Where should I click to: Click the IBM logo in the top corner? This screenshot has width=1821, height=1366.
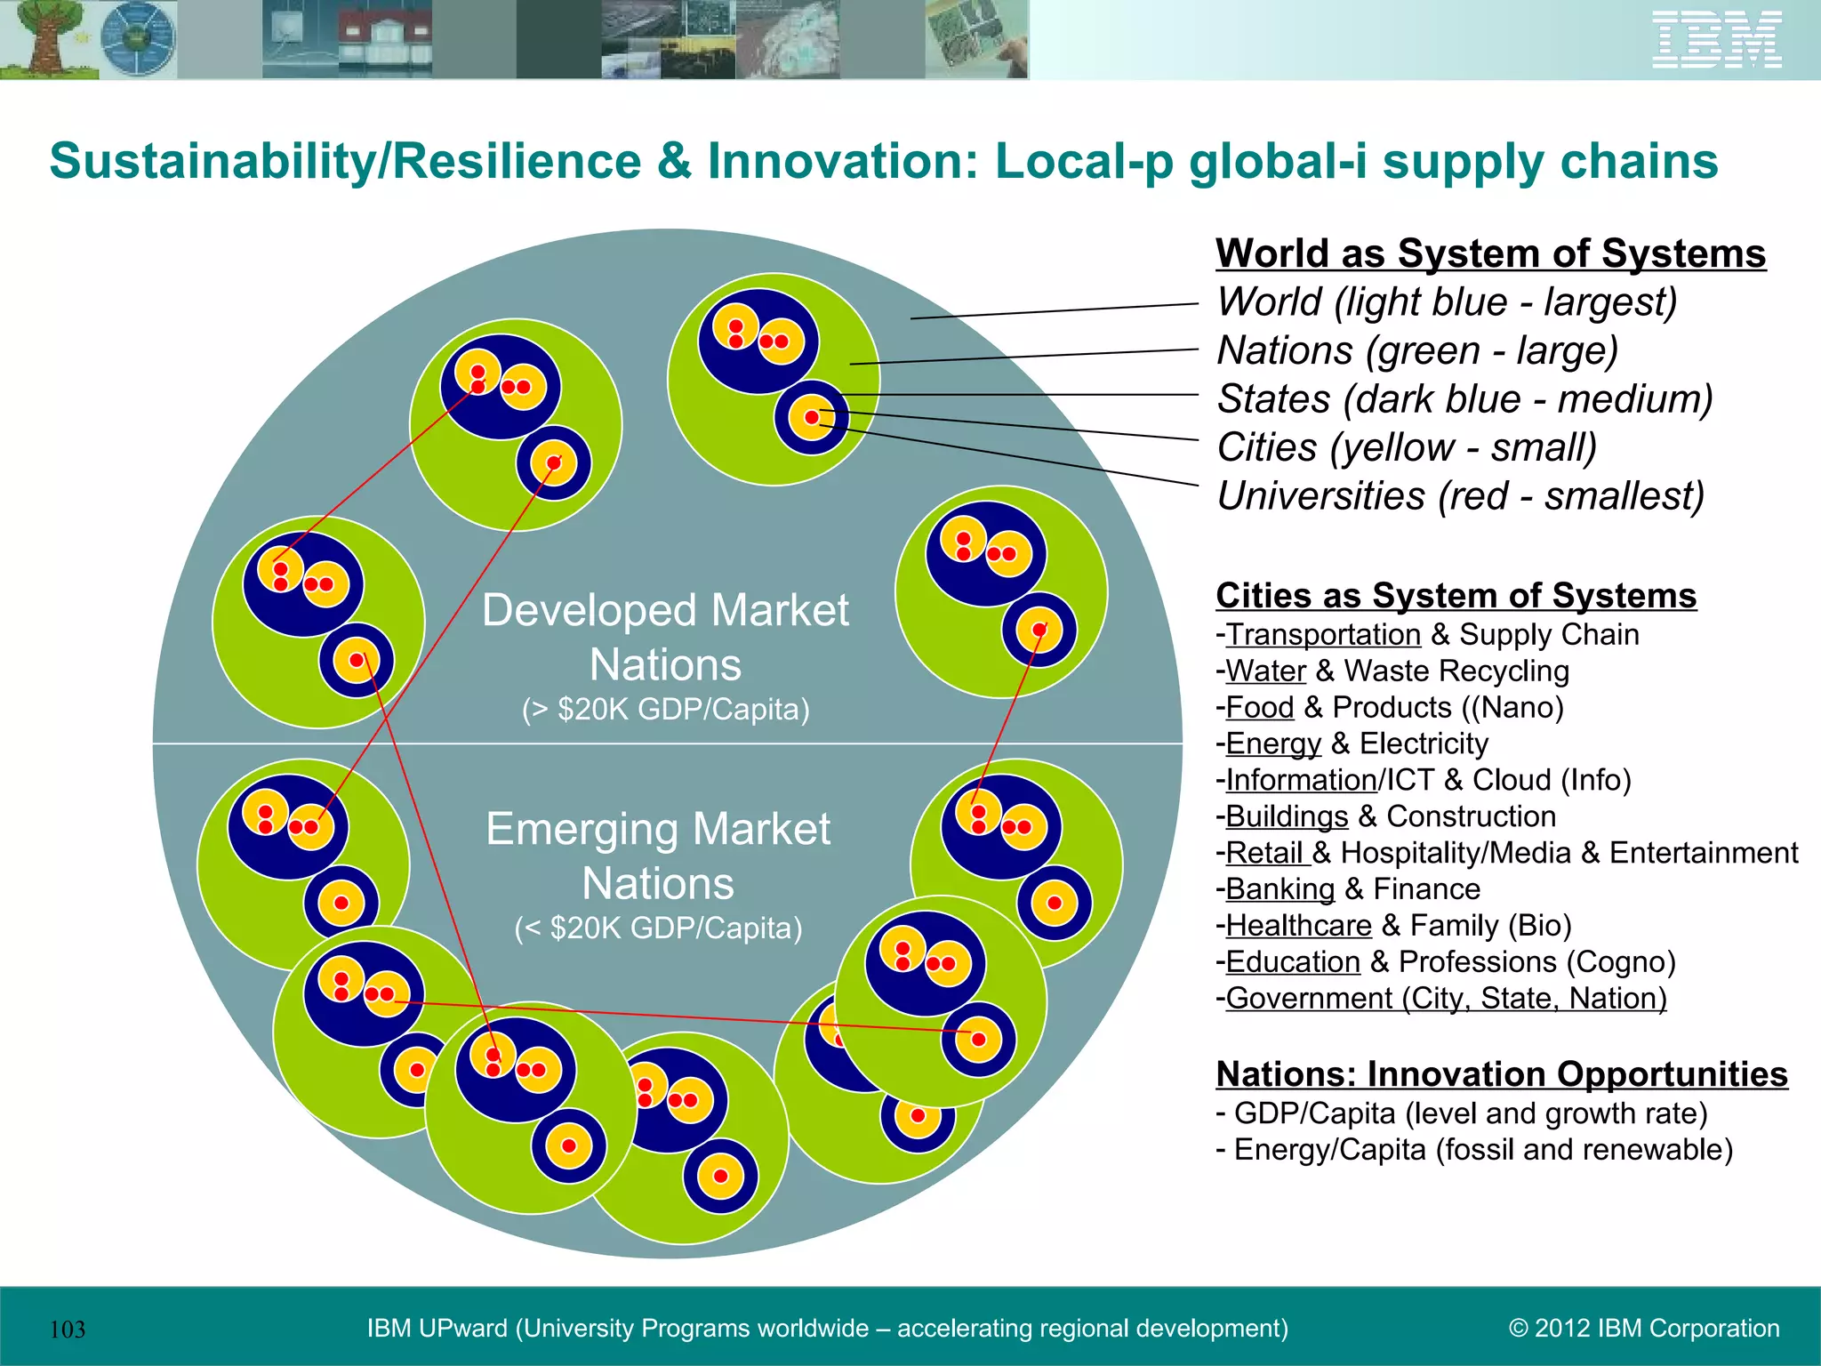1716,40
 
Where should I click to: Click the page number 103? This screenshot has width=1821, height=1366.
68,1330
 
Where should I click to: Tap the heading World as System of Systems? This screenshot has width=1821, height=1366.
1490,253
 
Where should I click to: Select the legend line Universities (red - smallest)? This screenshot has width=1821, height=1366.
1460,496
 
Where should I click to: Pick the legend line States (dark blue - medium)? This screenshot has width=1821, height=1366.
1464,399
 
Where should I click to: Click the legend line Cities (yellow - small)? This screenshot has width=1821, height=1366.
1407,447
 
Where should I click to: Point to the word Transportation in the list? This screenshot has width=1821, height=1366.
1323,635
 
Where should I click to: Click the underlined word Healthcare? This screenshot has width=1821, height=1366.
1298,926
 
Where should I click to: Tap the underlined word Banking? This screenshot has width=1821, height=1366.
1280,889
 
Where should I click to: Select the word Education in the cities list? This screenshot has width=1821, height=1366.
1293,962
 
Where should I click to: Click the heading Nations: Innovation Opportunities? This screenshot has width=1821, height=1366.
1501,1074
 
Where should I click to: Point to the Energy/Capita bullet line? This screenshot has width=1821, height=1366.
1474,1150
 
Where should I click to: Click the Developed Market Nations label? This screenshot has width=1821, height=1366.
665,637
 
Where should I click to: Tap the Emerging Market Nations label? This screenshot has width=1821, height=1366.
658,856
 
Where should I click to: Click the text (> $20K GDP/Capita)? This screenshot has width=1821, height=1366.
665,710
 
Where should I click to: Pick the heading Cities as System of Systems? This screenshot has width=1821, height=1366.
1456,596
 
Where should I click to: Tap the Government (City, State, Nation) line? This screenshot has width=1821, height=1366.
1446,999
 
